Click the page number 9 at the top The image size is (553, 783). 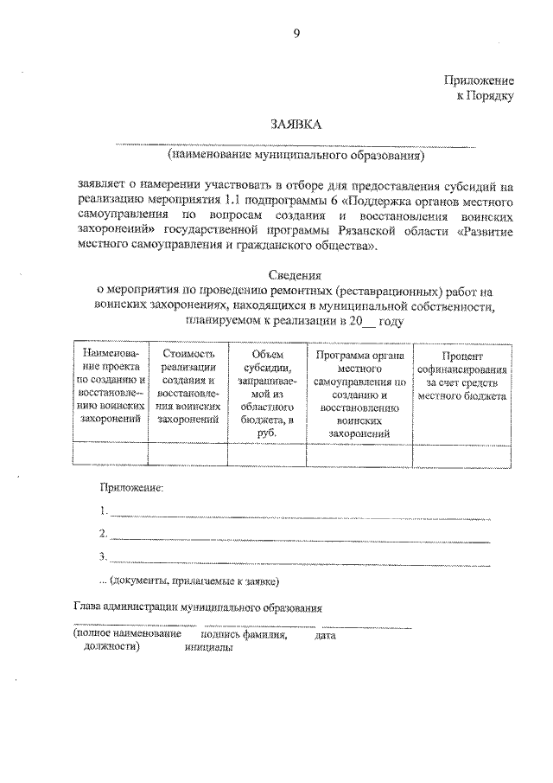point(296,34)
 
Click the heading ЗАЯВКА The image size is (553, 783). point(296,125)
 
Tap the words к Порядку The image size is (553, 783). point(485,95)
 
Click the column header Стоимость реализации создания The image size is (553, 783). point(188,386)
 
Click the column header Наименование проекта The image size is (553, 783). point(111,386)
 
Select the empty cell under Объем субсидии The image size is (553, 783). point(266,453)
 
